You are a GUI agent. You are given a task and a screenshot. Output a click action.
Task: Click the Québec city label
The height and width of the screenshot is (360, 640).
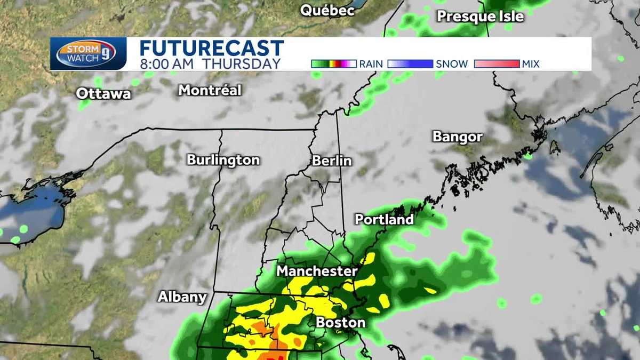[327, 10]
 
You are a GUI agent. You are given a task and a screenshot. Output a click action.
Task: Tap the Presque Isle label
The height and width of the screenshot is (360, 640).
[480, 17]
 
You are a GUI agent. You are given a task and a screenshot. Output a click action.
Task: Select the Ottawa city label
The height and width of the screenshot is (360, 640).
[103, 94]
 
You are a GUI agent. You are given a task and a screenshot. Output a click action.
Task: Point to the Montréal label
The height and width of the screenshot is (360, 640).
[210, 90]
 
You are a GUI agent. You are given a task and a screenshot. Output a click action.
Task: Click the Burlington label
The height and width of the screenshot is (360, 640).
[223, 160]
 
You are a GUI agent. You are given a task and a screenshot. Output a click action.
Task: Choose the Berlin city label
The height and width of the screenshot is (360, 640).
[332, 161]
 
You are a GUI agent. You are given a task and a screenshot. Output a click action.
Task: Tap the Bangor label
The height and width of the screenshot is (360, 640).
[457, 137]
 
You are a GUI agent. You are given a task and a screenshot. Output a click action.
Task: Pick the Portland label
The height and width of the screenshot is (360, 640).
[384, 219]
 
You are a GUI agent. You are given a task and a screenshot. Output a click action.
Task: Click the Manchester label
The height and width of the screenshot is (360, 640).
[316, 271]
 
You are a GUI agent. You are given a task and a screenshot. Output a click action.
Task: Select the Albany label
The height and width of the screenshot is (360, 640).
[181, 297]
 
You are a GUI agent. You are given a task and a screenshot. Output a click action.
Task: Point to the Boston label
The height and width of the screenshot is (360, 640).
[340, 322]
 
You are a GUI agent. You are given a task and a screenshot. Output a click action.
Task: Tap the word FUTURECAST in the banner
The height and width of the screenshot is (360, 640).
[212, 48]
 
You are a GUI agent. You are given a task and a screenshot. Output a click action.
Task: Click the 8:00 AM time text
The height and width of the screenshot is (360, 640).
[163, 63]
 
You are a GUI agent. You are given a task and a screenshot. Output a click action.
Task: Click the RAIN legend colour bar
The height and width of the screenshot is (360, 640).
[333, 64]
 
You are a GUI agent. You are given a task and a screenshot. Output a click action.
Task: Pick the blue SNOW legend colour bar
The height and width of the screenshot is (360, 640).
[410, 64]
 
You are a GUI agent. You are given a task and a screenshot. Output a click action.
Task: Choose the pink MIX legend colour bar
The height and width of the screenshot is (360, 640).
[496, 64]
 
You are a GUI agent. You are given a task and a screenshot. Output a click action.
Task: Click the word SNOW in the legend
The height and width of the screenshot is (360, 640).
[451, 64]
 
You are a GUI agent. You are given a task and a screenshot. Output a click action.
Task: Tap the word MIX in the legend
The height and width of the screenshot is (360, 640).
[531, 64]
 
